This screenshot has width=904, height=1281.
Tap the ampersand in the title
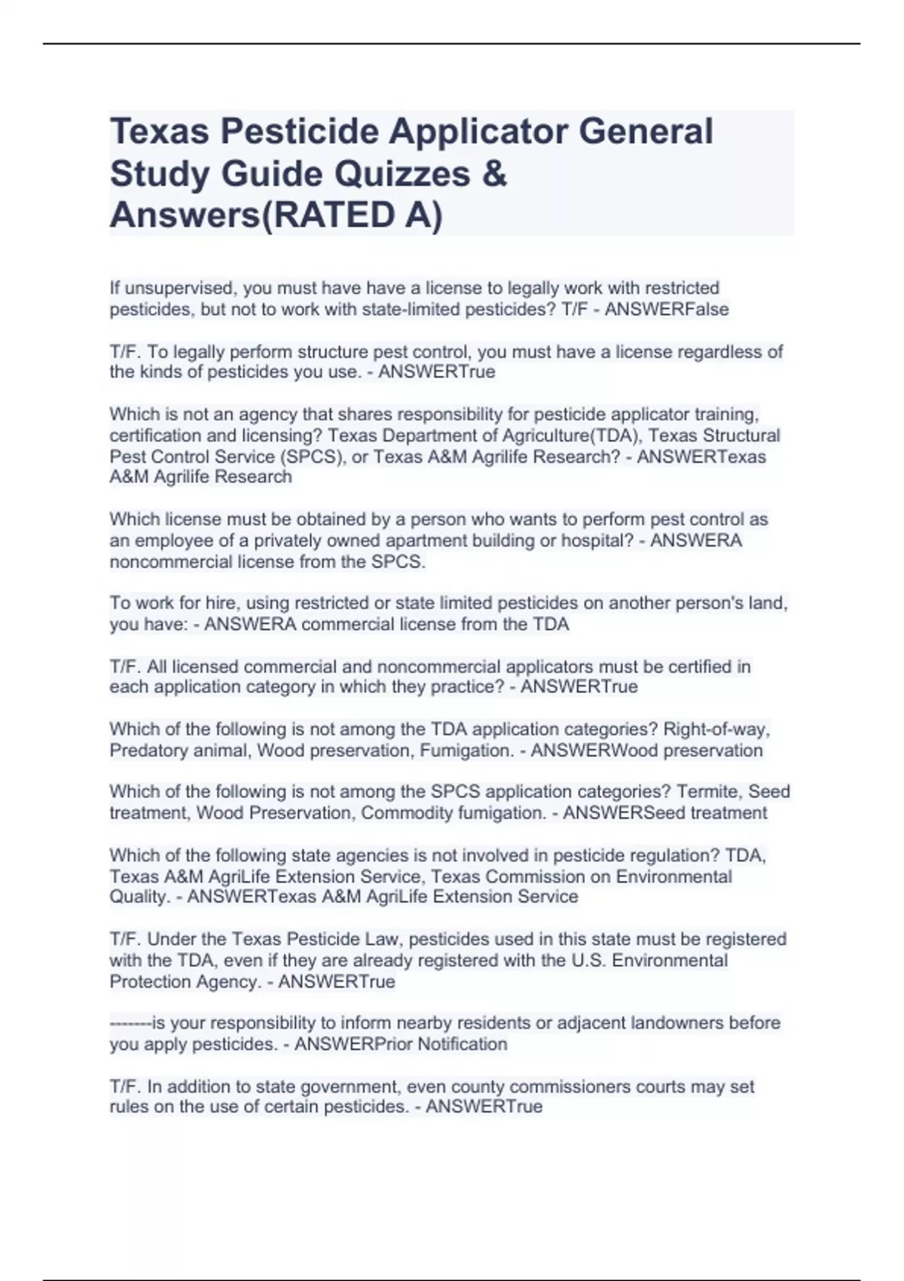[493, 174]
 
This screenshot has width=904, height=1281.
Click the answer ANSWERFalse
[667, 310]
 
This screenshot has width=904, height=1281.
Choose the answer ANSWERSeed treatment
[665, 813]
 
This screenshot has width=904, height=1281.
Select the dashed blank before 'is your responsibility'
[130, 1023]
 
